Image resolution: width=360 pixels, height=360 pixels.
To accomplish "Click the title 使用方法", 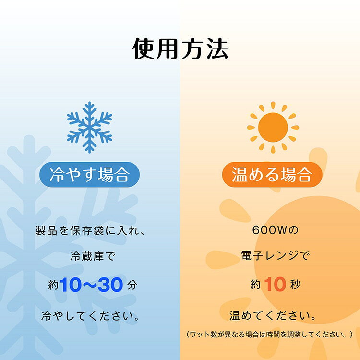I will coord(180,49).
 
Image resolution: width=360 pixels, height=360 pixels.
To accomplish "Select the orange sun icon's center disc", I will coord(271,127).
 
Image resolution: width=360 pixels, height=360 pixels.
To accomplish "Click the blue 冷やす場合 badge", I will coord(90,175).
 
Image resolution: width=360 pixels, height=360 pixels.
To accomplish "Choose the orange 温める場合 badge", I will coord(271,175).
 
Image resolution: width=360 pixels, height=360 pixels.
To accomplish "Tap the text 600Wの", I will coord(271,230).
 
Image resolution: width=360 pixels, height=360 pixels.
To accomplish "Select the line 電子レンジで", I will coord(271,257).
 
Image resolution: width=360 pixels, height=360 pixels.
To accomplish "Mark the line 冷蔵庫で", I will coord(90,257).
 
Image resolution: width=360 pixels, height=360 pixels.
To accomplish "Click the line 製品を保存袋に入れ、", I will coord(90,230).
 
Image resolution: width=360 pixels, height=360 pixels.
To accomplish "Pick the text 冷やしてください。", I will coord(90,316).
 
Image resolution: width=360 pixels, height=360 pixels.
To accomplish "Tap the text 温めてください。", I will coord(271,316).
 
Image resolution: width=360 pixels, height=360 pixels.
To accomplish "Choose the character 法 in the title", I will coord(216,49).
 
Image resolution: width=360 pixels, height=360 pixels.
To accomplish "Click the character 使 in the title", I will coord(144,49).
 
